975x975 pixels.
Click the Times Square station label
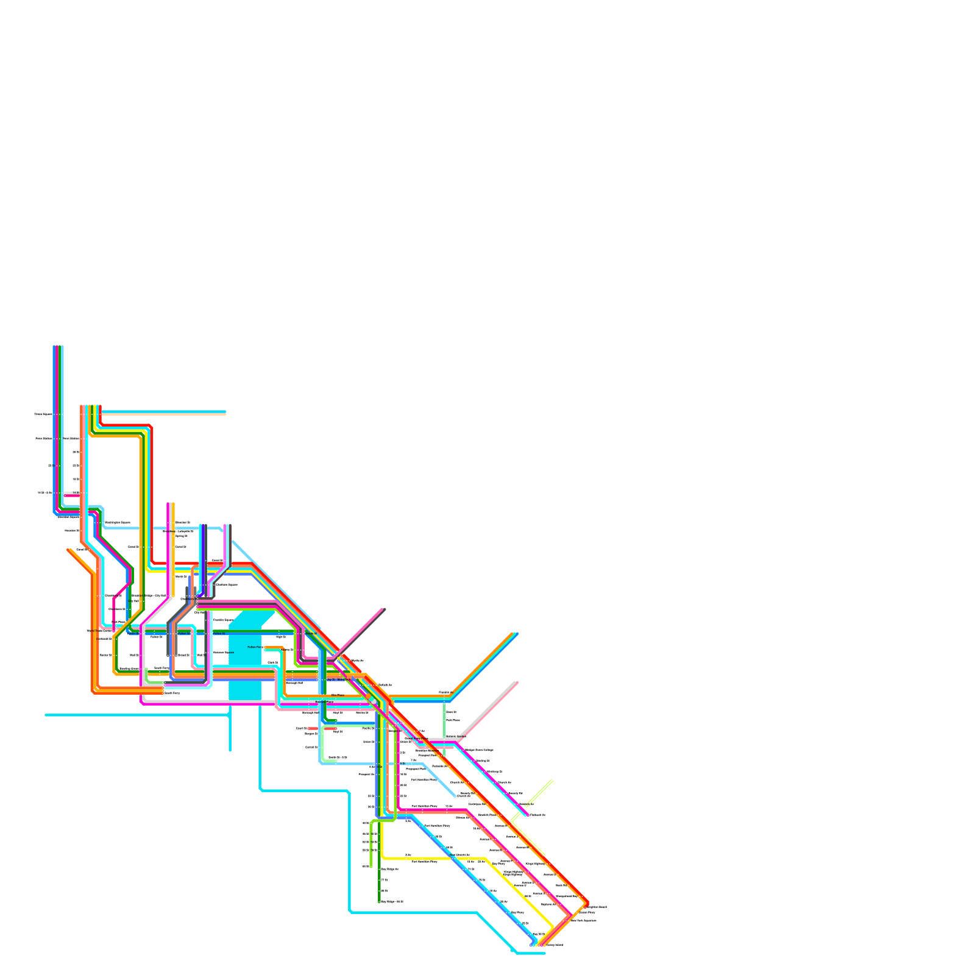click(43, 414)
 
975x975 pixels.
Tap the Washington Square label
click(118, 522)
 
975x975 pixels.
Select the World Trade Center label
click(99, 631)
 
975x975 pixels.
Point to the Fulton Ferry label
click(255, 647)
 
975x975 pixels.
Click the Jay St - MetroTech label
click(339, 679)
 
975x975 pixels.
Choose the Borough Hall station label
click(294, 682)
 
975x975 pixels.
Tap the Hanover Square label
click(223, 652)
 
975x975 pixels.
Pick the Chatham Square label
click(227, 584)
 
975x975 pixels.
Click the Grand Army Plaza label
click(416, 738)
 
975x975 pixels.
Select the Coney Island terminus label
click(555, 945)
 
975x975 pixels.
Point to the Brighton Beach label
click(595, 907)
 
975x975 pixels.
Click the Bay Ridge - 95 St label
click(392, 901)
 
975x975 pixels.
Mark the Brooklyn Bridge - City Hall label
click(149, 595)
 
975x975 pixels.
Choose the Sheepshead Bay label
click(567, 896)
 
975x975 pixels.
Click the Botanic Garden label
click(456, 736)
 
